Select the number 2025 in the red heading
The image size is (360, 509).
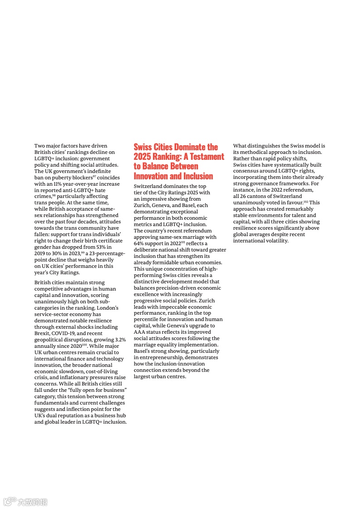142,157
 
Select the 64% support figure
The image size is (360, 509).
139,244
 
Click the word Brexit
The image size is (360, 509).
42,333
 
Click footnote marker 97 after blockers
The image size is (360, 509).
94,177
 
